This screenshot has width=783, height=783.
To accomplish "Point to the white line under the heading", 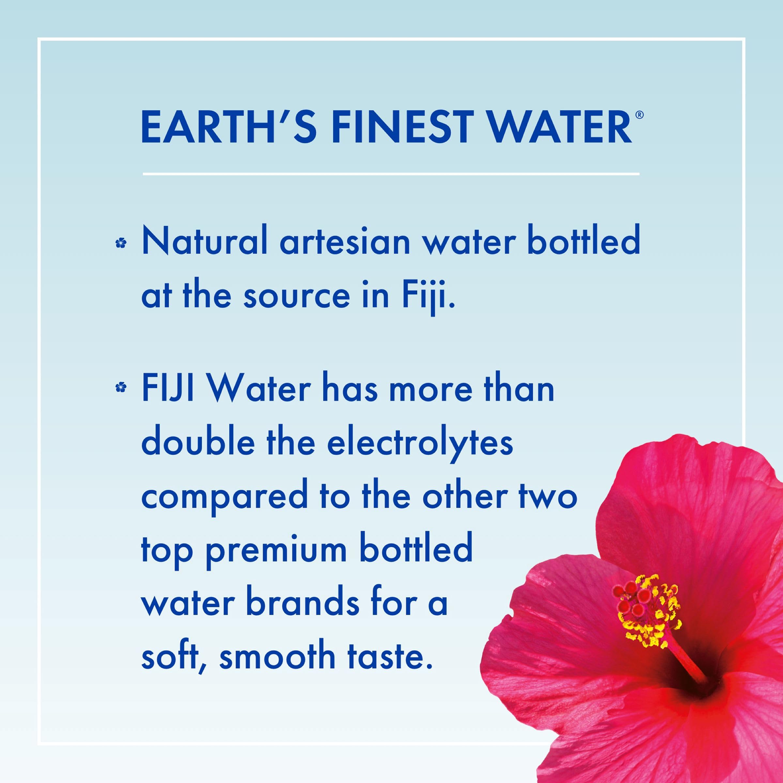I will (x=391, y=174).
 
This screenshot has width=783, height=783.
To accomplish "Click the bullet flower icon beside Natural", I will (x=121, y=243).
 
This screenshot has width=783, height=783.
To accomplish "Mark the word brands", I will (x=303, y=604).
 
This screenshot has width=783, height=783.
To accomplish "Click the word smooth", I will (x=277, y=657).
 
